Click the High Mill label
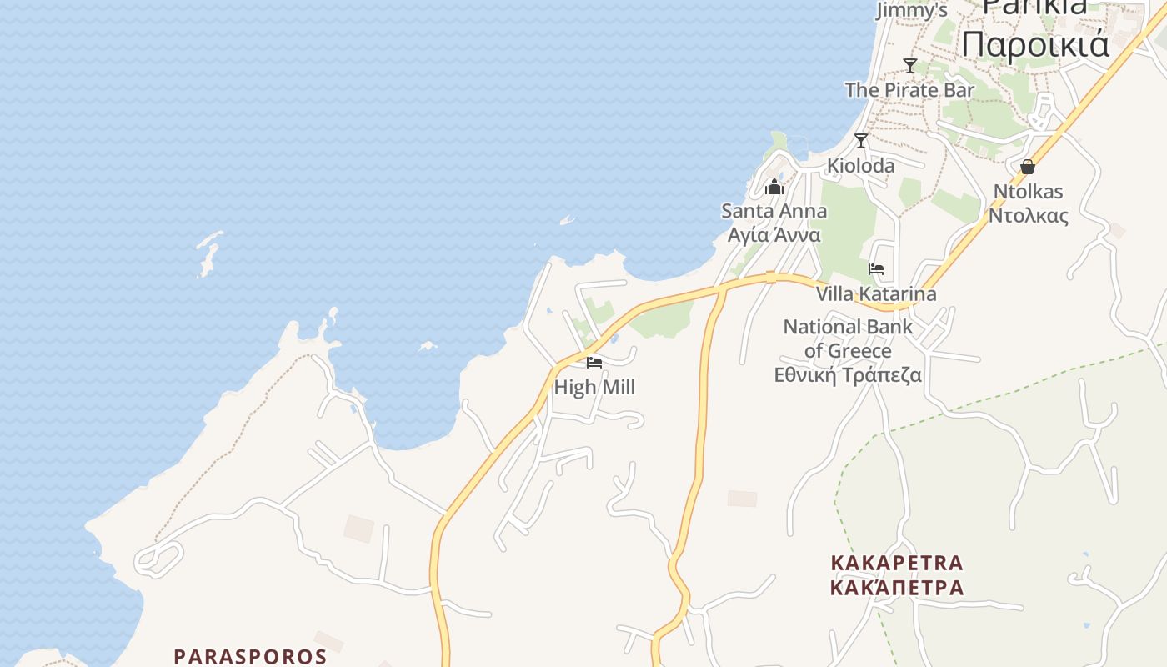coord(594,387)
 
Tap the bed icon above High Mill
coord(594,363)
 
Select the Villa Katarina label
coord(875,293)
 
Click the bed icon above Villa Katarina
coord(875,269)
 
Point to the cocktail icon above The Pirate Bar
coord(910,66)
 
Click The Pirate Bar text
coord(909,90)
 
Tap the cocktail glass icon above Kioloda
coord(861,141)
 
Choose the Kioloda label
coord(860,166)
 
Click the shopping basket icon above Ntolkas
coord(1028,167)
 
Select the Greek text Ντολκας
coord(1028,215)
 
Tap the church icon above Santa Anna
coord(774,187)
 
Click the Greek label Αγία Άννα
coord(774,234)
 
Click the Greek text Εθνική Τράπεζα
coord(848,375)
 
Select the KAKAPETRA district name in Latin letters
coord(897,563)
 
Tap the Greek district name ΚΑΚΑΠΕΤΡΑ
coord(897,588)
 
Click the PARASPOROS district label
coord(250,656)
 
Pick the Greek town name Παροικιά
coord(1035,43)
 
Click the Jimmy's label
coord(911,11)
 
